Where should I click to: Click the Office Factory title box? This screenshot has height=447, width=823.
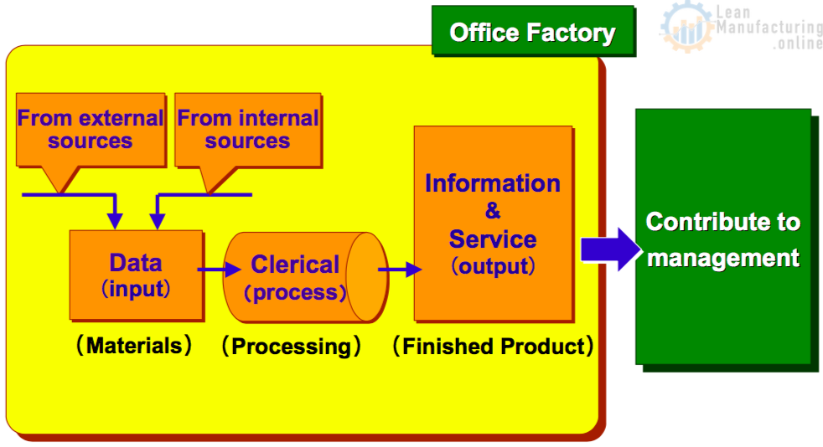(x=533, y=30)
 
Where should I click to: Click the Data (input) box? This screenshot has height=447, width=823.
(x=136, y=275)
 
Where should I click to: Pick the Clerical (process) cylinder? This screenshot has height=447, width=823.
(x=305, y=277)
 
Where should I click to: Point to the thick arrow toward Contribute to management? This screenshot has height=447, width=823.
(x=611, y=249)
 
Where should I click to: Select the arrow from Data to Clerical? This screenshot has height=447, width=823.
(x=219, y=270)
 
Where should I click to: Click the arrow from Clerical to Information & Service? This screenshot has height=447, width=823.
(x=400, y=270)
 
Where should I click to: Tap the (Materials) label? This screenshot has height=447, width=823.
(x=134, y=346)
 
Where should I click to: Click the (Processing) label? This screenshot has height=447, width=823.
(x=292, y=347)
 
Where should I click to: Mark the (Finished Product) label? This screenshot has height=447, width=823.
(x=494, y=347)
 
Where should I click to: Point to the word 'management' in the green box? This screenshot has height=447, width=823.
(x=723, y=258)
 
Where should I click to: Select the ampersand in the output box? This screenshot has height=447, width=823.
(x=492, y=211)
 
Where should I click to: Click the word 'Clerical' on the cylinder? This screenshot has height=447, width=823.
(x=295, y=265)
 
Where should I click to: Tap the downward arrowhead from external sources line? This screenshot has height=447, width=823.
(x=115, y=221)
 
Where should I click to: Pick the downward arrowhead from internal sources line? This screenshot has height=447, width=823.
(x=158, y=221)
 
